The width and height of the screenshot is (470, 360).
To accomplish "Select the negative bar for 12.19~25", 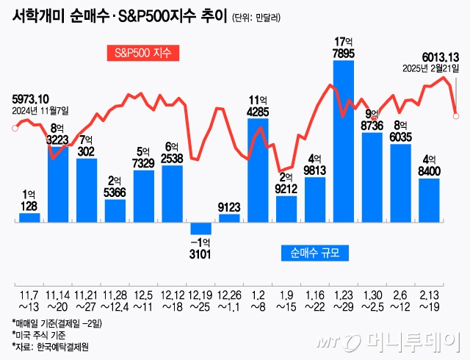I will click(200, 228).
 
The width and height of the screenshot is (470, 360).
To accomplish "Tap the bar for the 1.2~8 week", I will click(258, 169).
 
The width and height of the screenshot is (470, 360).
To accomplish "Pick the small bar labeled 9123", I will click(229, 217).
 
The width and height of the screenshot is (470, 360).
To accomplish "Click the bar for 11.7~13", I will click(29, 217).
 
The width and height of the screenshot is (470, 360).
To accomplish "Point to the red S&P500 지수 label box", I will click(142, 54).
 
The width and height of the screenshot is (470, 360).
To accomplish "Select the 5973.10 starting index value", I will click(31, 98).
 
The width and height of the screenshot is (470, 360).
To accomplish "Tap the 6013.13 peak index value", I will click(440, 56).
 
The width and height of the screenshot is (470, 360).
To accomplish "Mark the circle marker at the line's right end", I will click(456, 114).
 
